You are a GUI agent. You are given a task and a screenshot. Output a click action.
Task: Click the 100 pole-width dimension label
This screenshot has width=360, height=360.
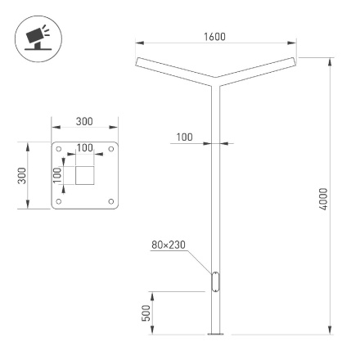pos(184,137)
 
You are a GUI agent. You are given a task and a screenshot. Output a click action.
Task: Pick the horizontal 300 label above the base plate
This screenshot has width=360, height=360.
pos(83,121)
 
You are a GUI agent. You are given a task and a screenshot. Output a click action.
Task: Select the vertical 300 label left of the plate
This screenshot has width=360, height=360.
pos(24,175)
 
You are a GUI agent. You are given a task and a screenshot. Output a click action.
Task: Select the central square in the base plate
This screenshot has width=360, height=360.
pos(85,175)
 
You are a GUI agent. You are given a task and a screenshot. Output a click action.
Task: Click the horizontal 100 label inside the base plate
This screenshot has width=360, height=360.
pos(84,148)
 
